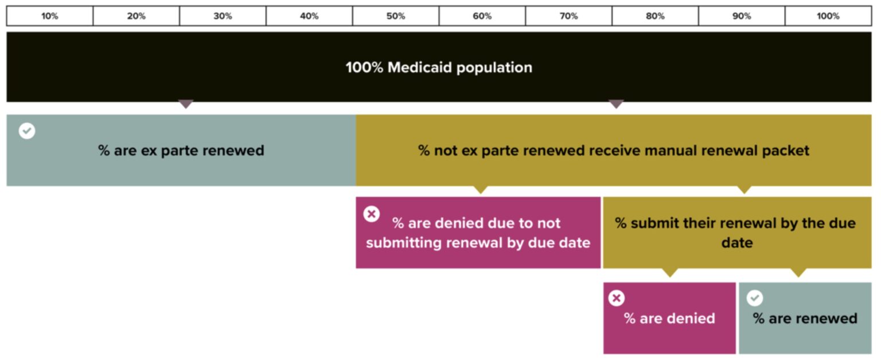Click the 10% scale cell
point(50,16)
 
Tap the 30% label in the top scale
point(223,16)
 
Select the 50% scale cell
point(396,16)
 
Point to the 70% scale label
point(569,16)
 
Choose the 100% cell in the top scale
point(828,16)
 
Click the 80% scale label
point(655,16)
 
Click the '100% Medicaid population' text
point(439,68)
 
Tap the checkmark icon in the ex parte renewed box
point(27,131)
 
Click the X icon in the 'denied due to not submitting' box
point(371,214)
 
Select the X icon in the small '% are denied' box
point(617,298)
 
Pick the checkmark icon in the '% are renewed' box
point(755,298)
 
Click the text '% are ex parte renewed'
point(181,151)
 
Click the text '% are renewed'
point(805,318)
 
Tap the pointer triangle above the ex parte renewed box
point(186,104)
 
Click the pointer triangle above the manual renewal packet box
point(617,104)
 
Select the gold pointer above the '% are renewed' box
point(798,273)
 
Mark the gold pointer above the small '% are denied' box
point(670,273)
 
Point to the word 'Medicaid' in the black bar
point(420,68)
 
